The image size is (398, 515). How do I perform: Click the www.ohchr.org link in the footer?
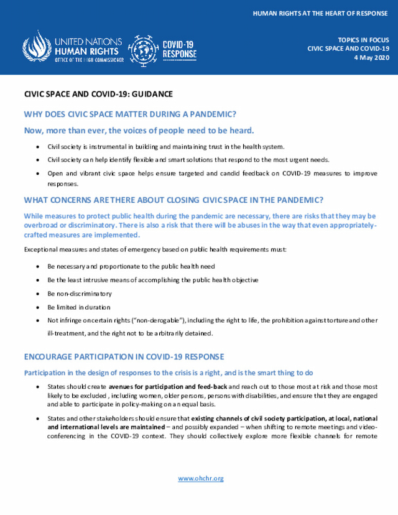[200, 478]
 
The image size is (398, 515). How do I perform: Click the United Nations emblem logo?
[37, 46]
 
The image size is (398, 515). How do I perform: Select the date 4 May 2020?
[371, 57]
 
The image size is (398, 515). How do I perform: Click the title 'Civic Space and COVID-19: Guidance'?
[98, 94]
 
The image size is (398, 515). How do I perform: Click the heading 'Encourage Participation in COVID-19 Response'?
[124, 356]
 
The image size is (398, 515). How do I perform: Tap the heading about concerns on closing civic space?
[173, 200]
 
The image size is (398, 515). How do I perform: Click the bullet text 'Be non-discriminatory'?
[80, 293]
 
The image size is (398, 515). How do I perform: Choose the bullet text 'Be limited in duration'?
[78, 307]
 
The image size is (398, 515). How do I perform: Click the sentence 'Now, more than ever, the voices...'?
[139, 130]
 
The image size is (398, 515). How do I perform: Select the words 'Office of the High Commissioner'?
[90, 60]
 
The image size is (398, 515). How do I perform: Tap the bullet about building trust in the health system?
[166, 146]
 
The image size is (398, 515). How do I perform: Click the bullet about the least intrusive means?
[153, 279]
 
